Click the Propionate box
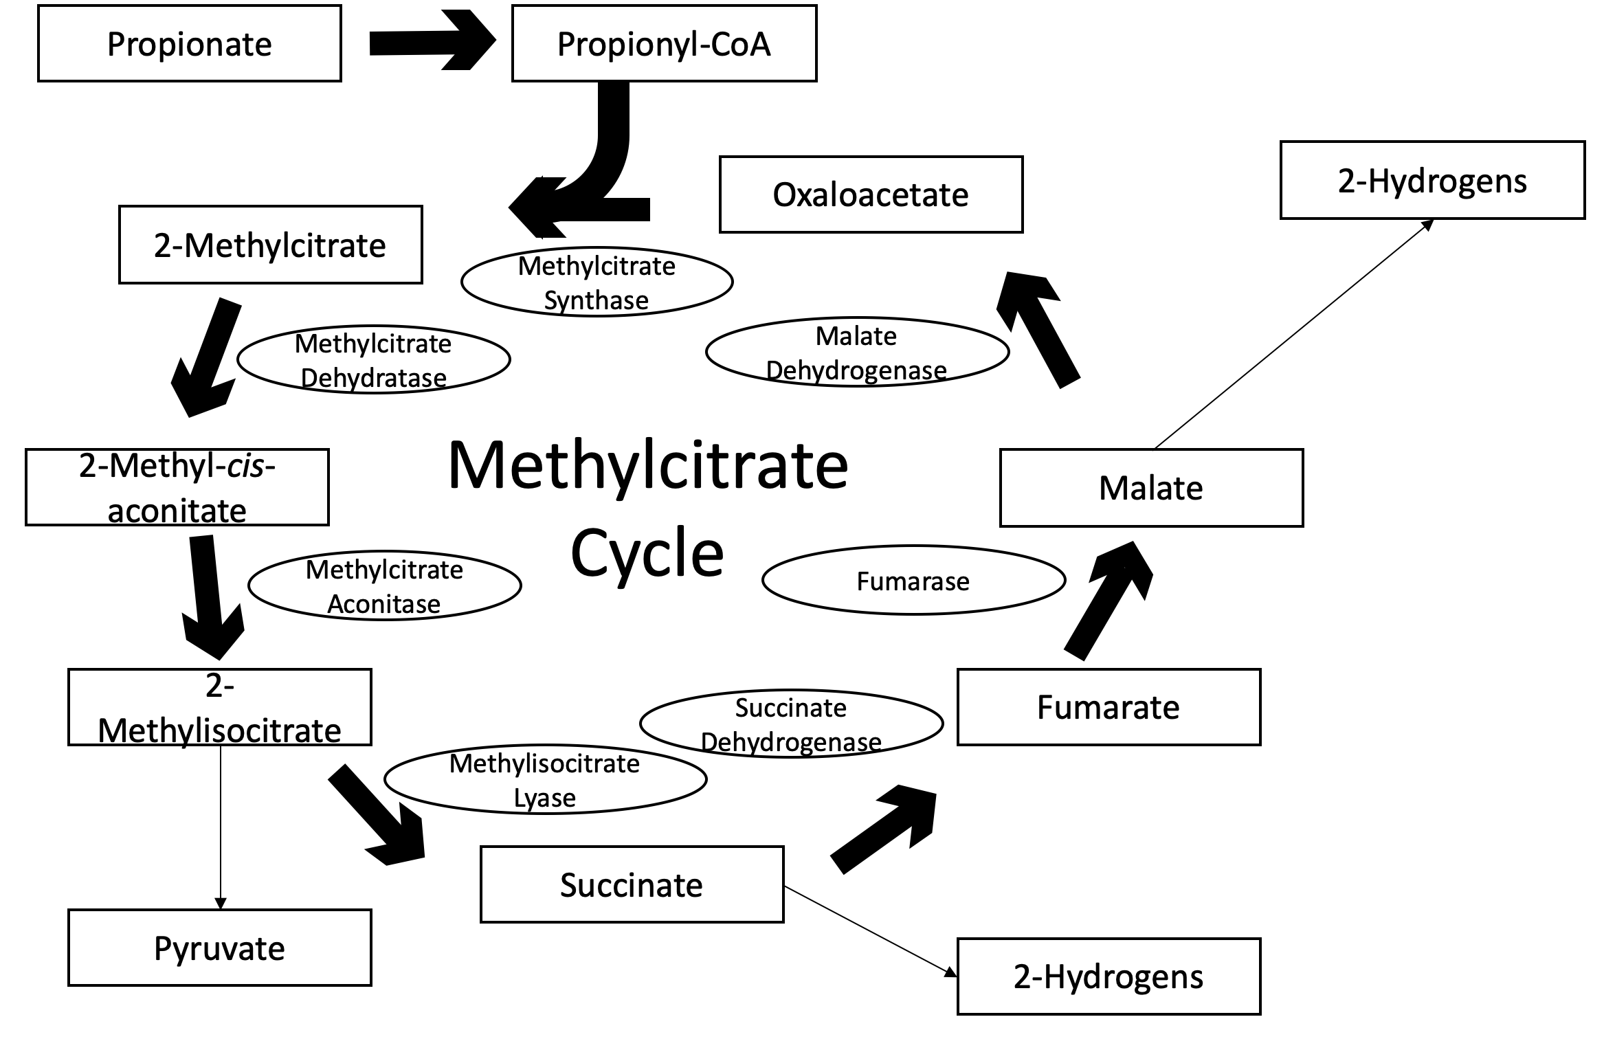(x=190, y=44)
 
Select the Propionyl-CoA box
(x=664, y=44)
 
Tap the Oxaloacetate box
(x=871, y=194)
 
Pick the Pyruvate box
(x=219, y=948)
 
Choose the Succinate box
(x=632, y=884)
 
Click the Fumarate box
(x=1109, y=707)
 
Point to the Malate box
(x=1151, y=488)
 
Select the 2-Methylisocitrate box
(x=219, y=707)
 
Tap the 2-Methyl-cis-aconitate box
(x=177, y=487)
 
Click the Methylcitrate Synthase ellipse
(x=597, y=282)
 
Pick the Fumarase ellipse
(x=913, y=581)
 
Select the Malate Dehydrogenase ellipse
(x=857, y=352)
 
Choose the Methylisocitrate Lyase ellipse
(x=545, y=780)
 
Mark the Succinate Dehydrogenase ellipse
(x=791, y=724)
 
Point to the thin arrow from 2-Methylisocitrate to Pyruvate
(x=220, y=825)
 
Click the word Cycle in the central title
(x=647, y=554)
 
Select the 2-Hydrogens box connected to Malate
(x=1432, y=181)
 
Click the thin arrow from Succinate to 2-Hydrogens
(x=869, y=930)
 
